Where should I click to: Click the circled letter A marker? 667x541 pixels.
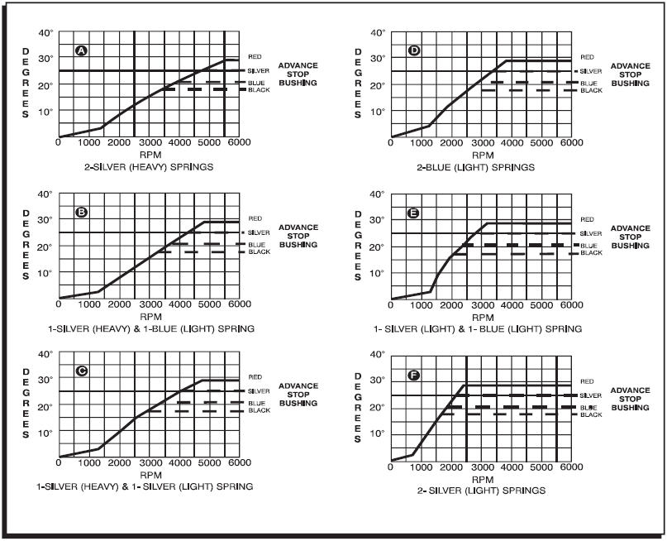(x=81, y=51)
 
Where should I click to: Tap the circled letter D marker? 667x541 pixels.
(x=415, y=51)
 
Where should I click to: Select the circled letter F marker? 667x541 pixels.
(x=415, y=376)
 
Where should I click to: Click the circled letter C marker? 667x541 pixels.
(x=81, y=371)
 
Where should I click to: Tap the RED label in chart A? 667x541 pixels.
(x=255, y=56)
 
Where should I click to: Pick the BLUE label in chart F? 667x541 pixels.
(x=588, y=408)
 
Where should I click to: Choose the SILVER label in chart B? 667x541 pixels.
(x=259, y=232)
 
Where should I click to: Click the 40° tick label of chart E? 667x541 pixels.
(x=378, y=194)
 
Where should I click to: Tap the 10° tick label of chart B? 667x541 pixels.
(x=46, y=272)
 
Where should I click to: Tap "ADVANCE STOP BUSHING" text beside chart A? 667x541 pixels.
(x=298, y=74)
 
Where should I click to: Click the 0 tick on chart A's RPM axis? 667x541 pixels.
(x=59, y=143)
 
